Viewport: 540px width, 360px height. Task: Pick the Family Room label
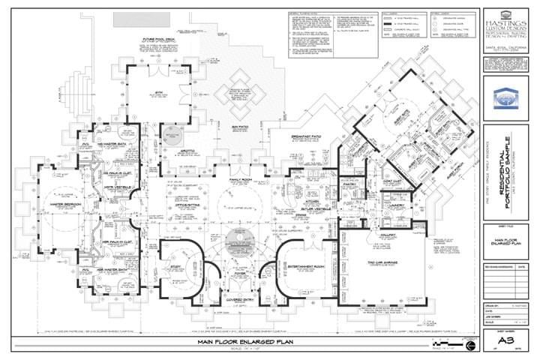pyautogui.click(x=240, y=181)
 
